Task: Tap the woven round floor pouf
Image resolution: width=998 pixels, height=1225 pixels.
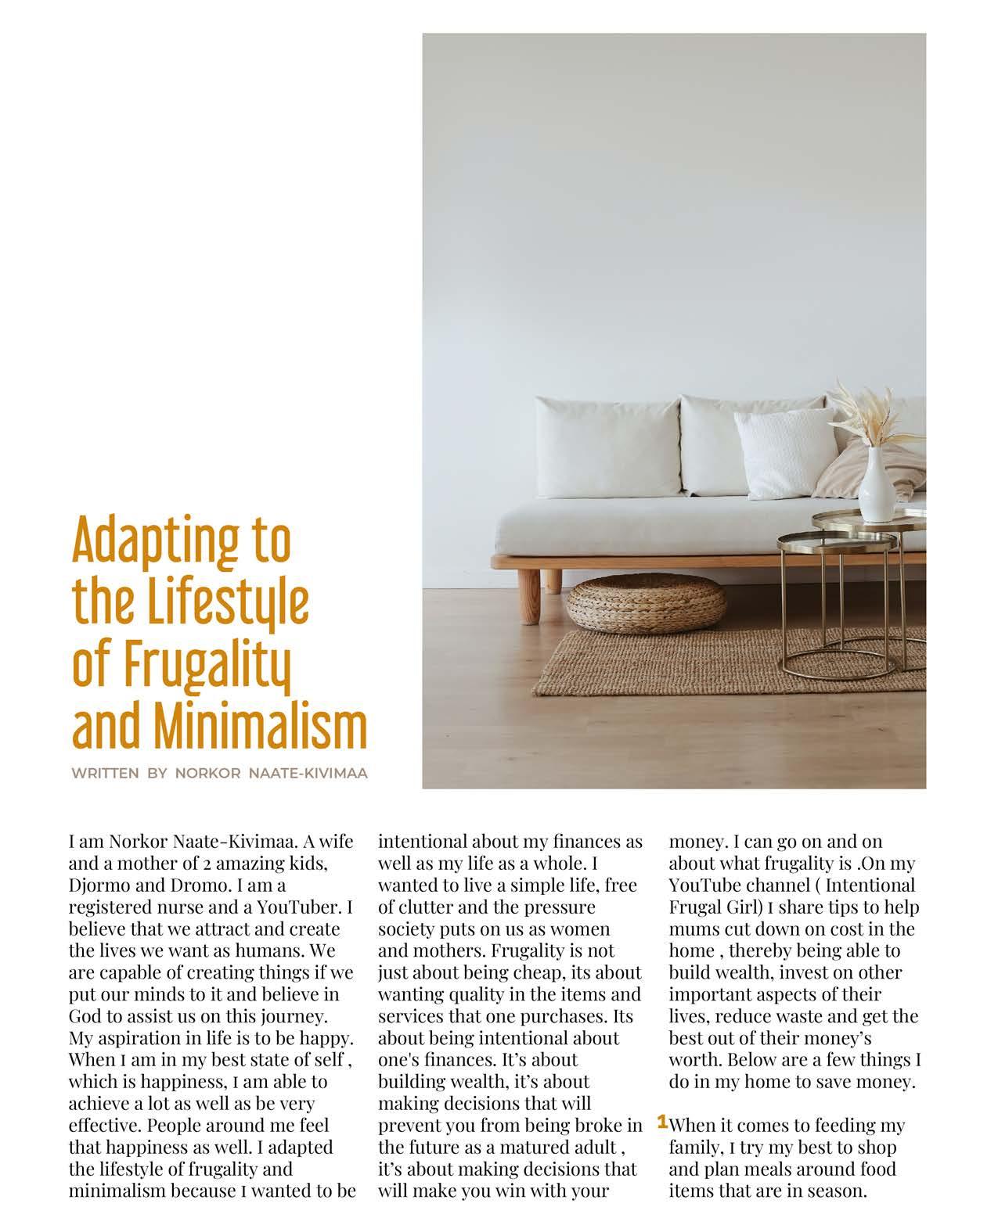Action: coord(645,603)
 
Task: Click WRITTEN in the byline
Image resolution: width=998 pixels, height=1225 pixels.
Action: coord(105,774)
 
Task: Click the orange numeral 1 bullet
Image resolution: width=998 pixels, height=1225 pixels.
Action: coord(662,1123)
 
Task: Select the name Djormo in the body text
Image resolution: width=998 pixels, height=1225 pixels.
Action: coord(99,886)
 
